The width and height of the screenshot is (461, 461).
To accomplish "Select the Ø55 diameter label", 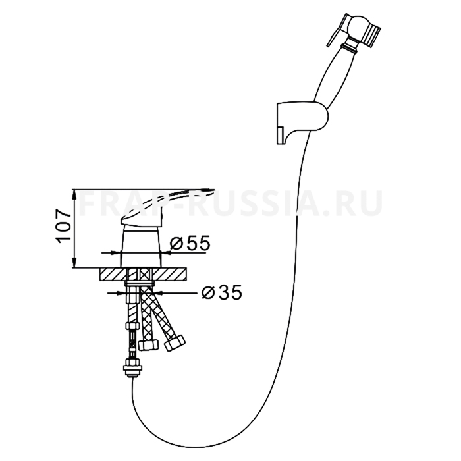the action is (x=190, y=243).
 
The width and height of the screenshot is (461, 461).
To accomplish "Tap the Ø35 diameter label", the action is (x=222, y=292).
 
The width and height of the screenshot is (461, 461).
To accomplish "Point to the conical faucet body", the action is (x=141, y=247).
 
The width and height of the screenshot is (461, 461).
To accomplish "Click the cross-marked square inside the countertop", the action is (x=145, y=275).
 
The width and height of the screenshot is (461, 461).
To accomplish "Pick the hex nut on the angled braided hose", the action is (x=175, y=342).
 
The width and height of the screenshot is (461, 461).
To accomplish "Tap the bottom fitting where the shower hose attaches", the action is (x=133, y=367).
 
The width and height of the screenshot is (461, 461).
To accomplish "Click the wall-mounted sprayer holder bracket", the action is (x=302, y=122).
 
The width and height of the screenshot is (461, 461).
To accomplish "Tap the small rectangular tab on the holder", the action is (x=280, y=136).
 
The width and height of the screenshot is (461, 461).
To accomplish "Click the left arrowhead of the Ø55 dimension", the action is (x=117, y=252).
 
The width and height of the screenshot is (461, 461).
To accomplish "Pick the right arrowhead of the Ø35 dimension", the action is (x=158, y=292).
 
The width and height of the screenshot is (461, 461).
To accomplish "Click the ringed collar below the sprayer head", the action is (x=349, y=47).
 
